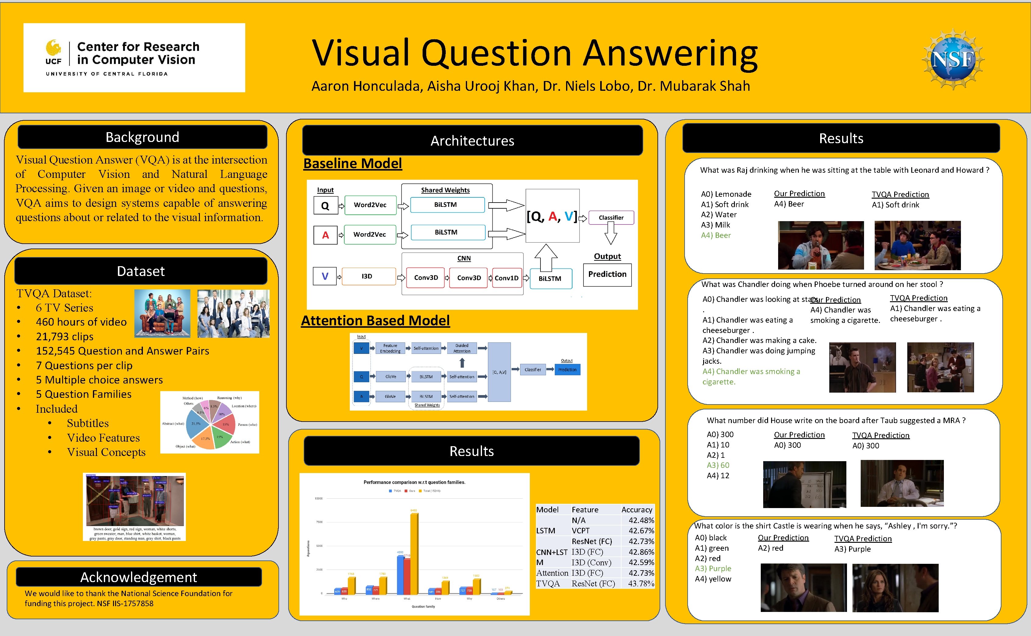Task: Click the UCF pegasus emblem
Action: point(53,48)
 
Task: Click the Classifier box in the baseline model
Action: point(611,217)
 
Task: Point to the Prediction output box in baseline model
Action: point(607,274)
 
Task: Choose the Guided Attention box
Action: point(462,348)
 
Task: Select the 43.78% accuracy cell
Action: point(641,583)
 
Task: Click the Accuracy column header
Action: point(636,509)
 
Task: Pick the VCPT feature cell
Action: point(580,530)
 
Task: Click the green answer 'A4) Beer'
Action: point(716,235)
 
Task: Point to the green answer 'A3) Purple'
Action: point(713,568)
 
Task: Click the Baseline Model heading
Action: point(353,163)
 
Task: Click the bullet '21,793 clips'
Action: point(65,337)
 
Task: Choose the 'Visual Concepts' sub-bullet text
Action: point(106,452)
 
